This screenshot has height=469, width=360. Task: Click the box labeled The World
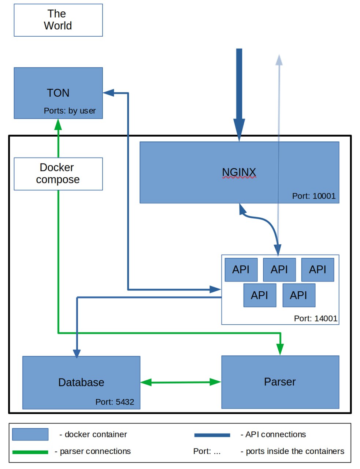pos(58,20)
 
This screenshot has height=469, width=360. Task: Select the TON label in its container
pos(58,93)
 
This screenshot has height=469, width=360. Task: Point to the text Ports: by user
pos(70,111)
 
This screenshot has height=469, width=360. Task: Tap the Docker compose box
pos(58,174)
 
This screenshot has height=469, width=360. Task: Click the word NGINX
pos(239,172)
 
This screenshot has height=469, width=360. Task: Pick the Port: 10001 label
pos(313,196)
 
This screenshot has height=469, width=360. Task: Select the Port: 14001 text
pos(315,318)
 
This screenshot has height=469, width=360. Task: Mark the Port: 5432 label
pos(115,402)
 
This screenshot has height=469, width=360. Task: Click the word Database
pos(81,383)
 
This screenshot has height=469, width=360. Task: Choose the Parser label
pos(280,382)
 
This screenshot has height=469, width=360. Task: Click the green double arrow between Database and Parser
pos(181,383)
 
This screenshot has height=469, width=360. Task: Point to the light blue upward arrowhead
pos(279,60)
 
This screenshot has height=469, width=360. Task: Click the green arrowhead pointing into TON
pos(58,125)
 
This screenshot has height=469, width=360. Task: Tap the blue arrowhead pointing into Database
pos(77,353)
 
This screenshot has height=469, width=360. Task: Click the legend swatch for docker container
pos(30,435)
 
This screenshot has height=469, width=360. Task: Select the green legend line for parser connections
pos(30,452)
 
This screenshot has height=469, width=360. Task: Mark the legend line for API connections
pos(212,435)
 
